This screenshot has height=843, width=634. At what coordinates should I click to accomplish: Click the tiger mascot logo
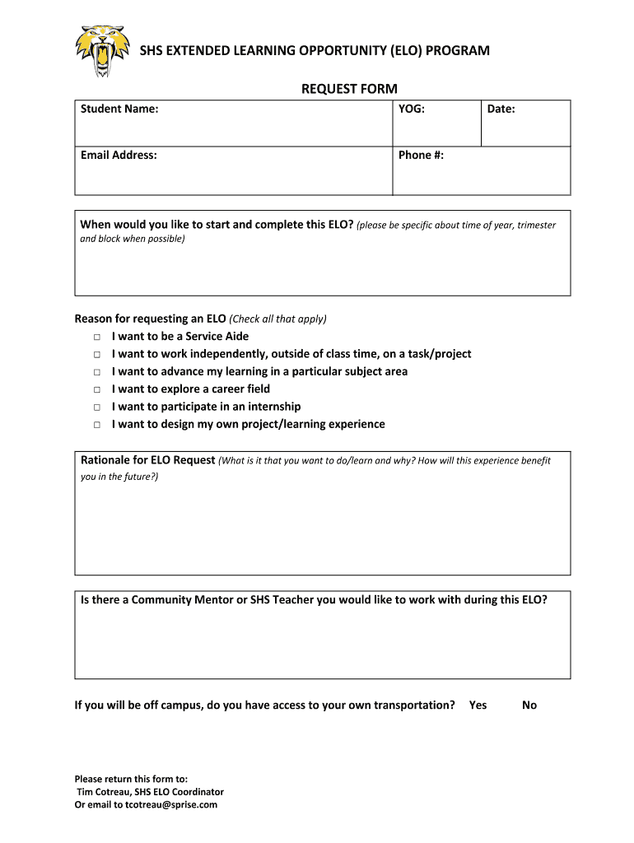click(x=103, y=50)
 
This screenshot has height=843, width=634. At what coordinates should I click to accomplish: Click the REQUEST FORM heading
click(x=349, y=89)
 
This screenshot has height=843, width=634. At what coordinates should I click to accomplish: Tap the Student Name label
click(x=119, y=109)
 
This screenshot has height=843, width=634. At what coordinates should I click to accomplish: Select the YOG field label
click(x=412, y=109)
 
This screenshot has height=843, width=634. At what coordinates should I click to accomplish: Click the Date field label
click(x=501, y=109)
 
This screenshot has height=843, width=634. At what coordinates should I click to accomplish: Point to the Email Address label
click(x=119, y=155)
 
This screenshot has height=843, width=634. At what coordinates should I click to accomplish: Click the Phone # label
click(x=421, y=155)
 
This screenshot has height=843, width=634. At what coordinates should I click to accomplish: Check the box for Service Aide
click(x=96, y=337)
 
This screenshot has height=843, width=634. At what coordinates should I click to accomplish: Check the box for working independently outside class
click(x=96, y=355)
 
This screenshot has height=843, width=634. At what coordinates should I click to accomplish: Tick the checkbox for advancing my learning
click(x=96, y=372)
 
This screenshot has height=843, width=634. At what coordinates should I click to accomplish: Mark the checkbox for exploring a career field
click(x=96, y=389)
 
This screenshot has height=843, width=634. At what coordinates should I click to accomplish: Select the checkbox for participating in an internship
click(x=96, y=408)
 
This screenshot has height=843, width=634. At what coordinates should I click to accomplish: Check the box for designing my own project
click(x=96, y=425)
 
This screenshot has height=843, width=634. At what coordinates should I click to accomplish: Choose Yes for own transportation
click(x=478, y=705)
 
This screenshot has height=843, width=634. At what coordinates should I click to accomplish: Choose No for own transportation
click(x=529, y=705)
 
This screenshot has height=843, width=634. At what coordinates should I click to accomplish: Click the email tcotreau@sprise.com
click(x=170, y=804)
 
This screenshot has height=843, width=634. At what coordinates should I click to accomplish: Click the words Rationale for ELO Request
click(x=148, y=460)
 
